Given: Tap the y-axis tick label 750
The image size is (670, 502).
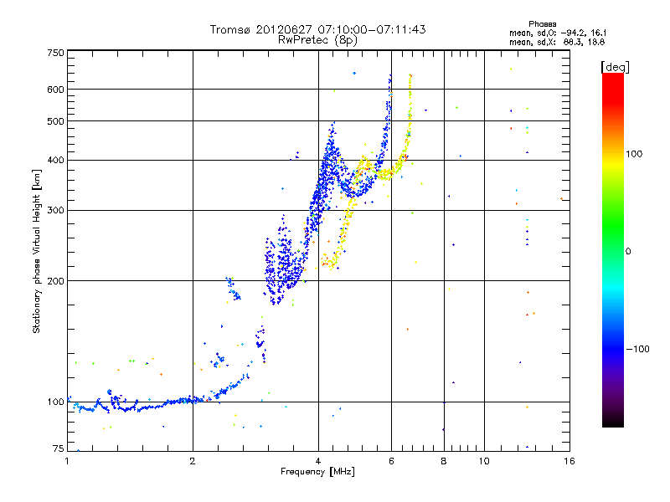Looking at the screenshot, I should tap(55, 52).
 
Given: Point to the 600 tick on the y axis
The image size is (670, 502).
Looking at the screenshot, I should tap(55, 89).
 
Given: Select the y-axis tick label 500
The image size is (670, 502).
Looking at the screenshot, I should tap(55, 121).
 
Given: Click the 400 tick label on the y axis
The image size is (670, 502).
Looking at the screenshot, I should tap(55, 160).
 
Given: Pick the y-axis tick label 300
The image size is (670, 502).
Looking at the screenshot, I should tap(55, 210).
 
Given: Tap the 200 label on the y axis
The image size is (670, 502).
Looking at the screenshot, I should tap(55, 280).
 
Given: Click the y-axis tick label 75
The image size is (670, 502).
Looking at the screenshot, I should tap(58, 450).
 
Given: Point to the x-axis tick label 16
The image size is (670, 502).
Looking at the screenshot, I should tap(569, 461).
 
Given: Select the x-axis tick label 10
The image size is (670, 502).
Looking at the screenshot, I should tap(484, 461).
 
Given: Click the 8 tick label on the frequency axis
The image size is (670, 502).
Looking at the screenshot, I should tap(444, 461).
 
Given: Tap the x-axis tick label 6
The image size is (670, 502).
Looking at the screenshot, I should tap(391, 461).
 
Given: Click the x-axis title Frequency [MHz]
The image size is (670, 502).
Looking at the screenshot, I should tap(317, 473).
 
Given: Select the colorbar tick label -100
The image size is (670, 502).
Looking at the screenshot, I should tap(639, 349).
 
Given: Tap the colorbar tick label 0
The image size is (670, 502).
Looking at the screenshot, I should tap(628, 251).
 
